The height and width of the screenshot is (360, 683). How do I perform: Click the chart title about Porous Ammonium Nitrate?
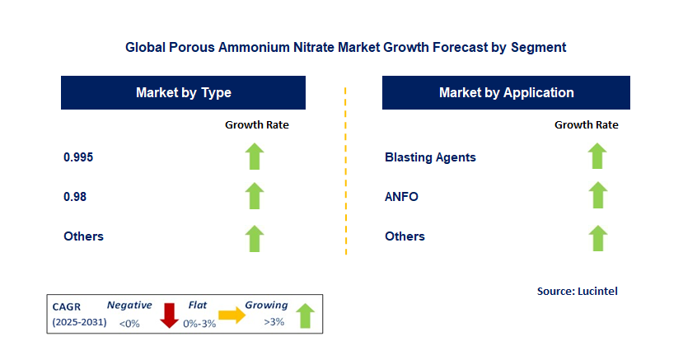[x=345, y=48]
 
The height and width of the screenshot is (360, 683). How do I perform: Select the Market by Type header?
[x=183, y=93]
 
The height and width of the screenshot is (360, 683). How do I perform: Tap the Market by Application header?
[x=506, y=93]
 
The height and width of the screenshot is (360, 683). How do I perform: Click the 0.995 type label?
[x=78, y=157]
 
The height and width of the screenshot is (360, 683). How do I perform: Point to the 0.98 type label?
[x=75, y=197]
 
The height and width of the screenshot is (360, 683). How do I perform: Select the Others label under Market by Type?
[x=83, y=236]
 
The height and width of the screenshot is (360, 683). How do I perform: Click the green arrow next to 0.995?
[x=255, y=157]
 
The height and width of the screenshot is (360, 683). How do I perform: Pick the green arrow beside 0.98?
[x=255, y=196]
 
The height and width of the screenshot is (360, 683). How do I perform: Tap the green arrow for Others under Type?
[x=255, y=237]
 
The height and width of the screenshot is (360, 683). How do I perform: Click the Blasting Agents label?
[x=430, y=157]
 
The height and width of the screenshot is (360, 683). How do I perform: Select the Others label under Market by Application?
[x=405, y=236]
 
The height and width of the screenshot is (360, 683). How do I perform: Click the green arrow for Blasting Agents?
[x=597, y=156]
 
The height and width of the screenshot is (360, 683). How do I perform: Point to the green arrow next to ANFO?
[x=597, y=196]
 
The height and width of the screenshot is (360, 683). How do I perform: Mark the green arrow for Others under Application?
[x=597, y=237]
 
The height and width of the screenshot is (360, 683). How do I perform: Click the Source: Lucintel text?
[x=577, y=291]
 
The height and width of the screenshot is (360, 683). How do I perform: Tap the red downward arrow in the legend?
[x=169, y=315]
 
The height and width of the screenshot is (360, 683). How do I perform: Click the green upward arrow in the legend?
[x=305, y=316]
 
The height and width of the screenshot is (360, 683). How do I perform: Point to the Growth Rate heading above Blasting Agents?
[x=586, y=125]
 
